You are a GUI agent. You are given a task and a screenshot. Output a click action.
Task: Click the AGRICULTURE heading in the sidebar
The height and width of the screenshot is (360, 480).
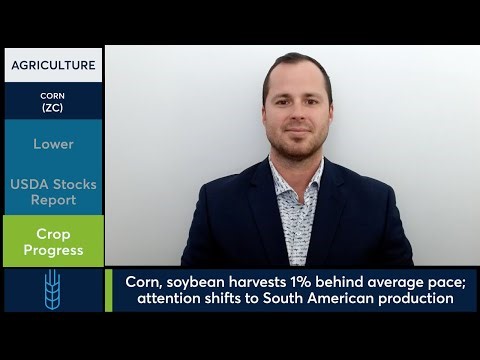click(x=53, y=66)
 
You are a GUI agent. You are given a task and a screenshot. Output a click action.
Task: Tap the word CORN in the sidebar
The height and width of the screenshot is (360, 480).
click(x=53, y=96)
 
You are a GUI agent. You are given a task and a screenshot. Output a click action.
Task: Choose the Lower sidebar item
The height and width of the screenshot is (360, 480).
click(x=53, y=144)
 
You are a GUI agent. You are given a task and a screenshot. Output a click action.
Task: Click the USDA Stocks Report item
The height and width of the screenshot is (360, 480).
click(x=53, y=192)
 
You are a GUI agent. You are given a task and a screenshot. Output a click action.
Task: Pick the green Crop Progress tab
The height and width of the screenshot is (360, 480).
click(x=53, y=241)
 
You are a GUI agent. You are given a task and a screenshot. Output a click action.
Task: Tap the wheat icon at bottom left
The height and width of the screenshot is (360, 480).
click(x=53, y=290)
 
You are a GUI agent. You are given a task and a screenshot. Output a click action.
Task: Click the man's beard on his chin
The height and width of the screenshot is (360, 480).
click(x=298, y=150)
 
